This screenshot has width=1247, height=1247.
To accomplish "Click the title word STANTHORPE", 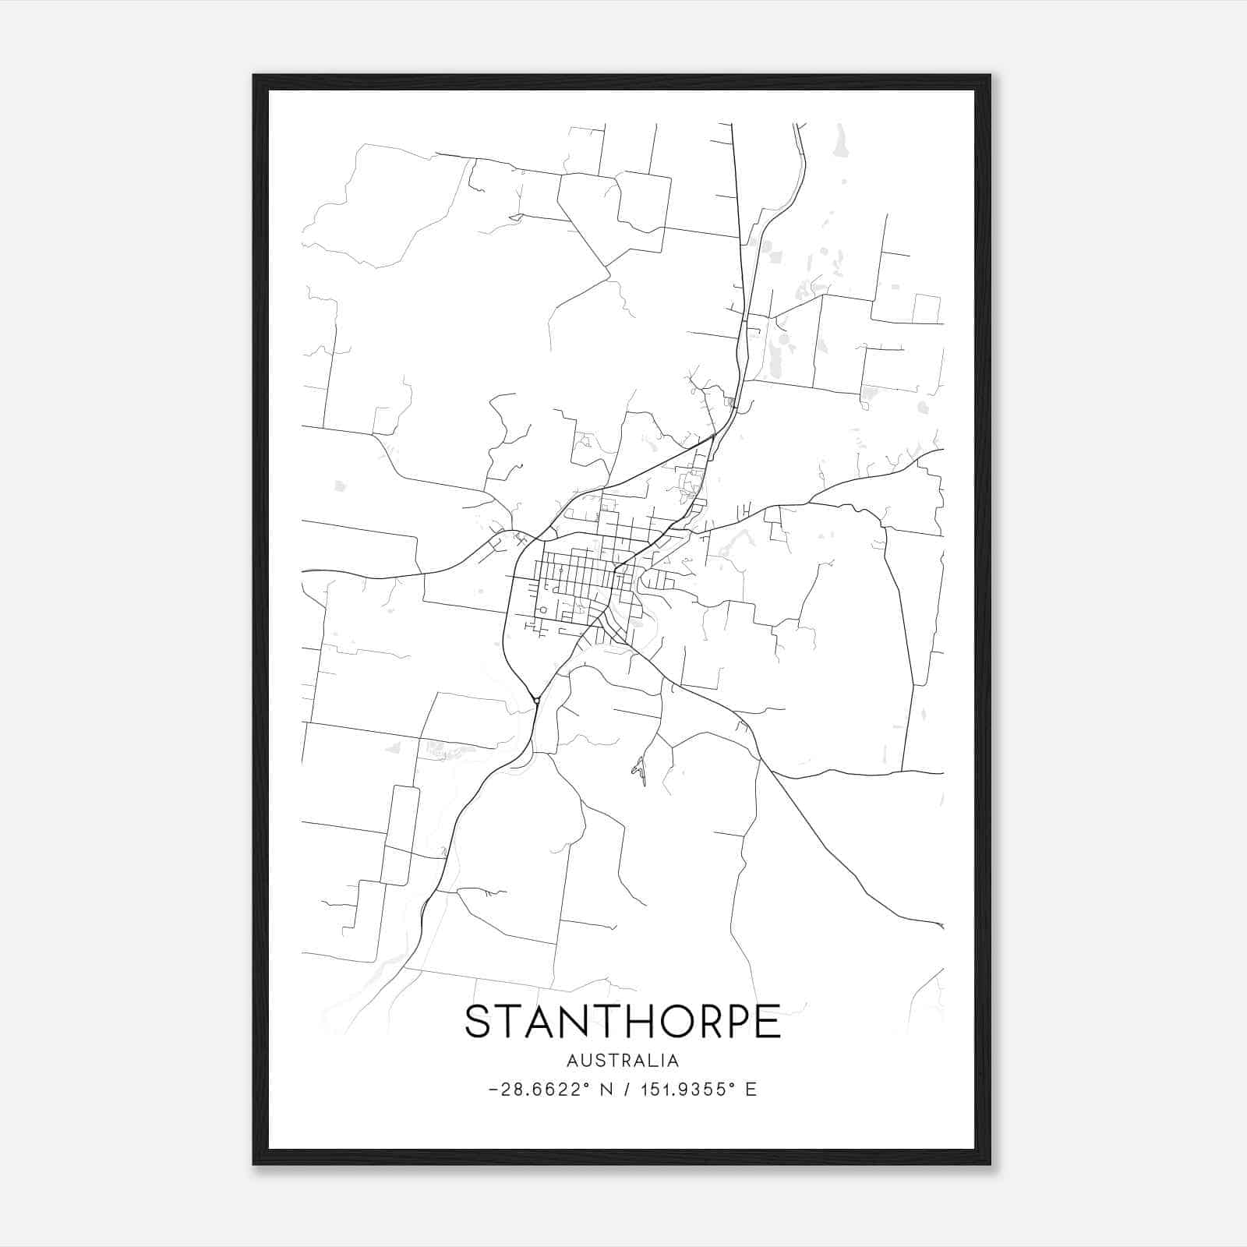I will (x=622, y=1022).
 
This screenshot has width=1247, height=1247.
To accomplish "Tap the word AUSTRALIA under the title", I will (x=622, y=1061).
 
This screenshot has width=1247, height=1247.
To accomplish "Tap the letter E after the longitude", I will (x=751, y=1090).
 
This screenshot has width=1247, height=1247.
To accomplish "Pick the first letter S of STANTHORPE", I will (x=478, y=1022).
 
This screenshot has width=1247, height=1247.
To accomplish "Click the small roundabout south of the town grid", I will (x=537, y=701).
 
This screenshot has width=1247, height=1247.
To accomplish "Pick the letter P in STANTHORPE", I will (x=737, y=1022).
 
